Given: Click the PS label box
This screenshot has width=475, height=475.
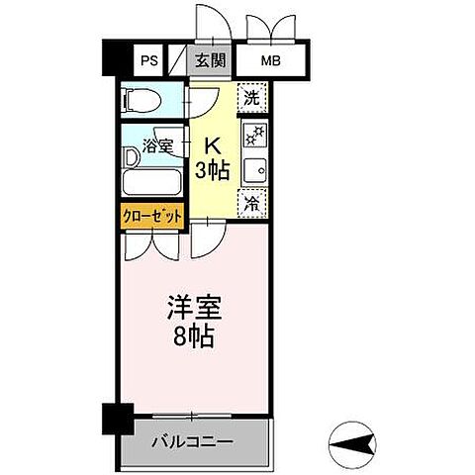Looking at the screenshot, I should click(x=149, y=61).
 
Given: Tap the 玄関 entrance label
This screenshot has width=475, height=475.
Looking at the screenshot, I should click(x=210, y=61).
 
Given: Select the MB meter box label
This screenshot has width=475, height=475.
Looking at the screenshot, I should click(x=270, y=61).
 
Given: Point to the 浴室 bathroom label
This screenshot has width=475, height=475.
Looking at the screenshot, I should click(x=160, y=144).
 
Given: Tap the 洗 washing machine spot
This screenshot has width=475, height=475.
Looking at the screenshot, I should click(x=252, y=98).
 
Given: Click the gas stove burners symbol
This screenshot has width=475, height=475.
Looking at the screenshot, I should click(x=253, y=135).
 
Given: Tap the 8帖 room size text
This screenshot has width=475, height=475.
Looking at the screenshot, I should click(x=193, y=336).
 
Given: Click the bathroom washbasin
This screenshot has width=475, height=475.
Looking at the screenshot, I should click(x=131, y=156).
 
